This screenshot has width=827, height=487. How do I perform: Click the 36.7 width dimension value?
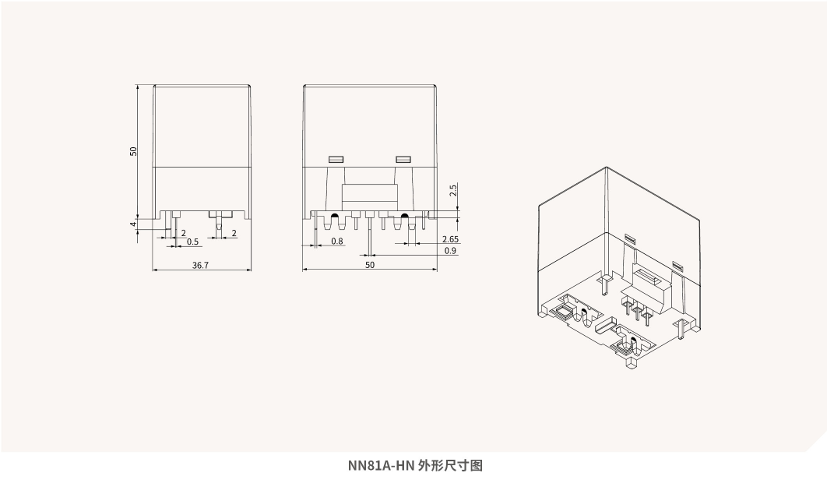[x=200, y=265]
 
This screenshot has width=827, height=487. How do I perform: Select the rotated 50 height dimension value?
[x=133, y=151]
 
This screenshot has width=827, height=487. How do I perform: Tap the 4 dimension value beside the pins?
[x=133, y=224]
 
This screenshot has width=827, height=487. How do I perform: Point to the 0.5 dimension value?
[x=192, y=242]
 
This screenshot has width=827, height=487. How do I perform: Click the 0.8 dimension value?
[x=337, y=242]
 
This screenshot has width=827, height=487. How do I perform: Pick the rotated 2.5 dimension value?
[x=453, y=189]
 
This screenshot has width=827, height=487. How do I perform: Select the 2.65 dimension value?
[x=449, y=239]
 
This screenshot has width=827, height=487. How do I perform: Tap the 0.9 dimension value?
[x=450, y=251]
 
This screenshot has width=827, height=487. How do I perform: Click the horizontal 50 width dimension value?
[x=370, y=265]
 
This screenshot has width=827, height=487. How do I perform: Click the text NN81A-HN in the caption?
[x=380, y=466]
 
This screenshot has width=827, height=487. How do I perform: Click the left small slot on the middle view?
[x=336, y=159]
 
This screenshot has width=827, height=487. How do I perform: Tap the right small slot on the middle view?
[x=403, y=159]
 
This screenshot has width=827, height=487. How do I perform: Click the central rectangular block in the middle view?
[x=370, y=193]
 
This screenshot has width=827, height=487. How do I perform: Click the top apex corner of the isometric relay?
[x=606, y=168]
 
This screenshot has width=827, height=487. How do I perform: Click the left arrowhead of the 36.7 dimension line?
[x=155, y=270]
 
